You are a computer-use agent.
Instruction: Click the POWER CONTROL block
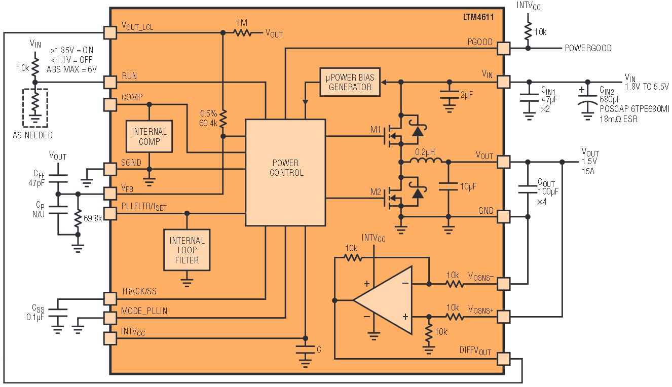click(x=285, y=172)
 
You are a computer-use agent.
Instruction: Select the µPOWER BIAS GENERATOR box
click(x=350, y=82)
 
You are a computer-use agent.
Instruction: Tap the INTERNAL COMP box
click(x=149, y=136)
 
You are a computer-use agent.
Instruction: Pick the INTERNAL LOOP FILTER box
click(x=186, y=250)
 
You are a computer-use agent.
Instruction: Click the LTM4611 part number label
click(x=478, y=17)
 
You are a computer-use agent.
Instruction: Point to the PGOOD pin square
click(x=503, y=48)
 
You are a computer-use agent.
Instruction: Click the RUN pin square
click(x=110, y=82)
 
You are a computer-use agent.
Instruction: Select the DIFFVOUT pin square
click(x=503, y=359)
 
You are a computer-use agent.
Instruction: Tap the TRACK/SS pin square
click(x=110, y=298)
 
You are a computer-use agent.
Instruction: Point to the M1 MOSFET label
click(x=376, y=130)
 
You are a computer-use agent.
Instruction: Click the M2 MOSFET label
click(x=376, y=192)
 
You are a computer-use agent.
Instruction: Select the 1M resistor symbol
click(x=242, y=33)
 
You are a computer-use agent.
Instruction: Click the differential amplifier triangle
click(x=383, y=300)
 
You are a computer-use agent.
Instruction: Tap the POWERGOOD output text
click(x=588, y=48)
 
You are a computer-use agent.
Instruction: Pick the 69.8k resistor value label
click(x=93, y=218)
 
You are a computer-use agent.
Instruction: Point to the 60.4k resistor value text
click(x=208, y=123)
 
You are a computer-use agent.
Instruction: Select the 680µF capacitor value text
click(x=610, y=99)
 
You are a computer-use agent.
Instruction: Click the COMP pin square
click(x=110, y=105)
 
